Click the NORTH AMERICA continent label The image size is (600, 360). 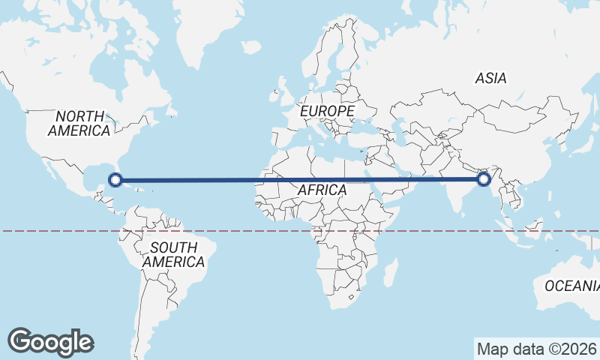(79, 123)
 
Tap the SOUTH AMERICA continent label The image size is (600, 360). (173, 255)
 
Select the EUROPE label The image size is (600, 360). (326, 111)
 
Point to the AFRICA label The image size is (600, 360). (322, 190)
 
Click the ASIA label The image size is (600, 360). (490, 78)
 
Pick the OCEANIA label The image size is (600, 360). (571, 286)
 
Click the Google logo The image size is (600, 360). (50, 342)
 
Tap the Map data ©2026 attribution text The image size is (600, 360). (535, 349)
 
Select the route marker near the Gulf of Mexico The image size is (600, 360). (115, 179)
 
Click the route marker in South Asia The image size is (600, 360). (484, 179)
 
